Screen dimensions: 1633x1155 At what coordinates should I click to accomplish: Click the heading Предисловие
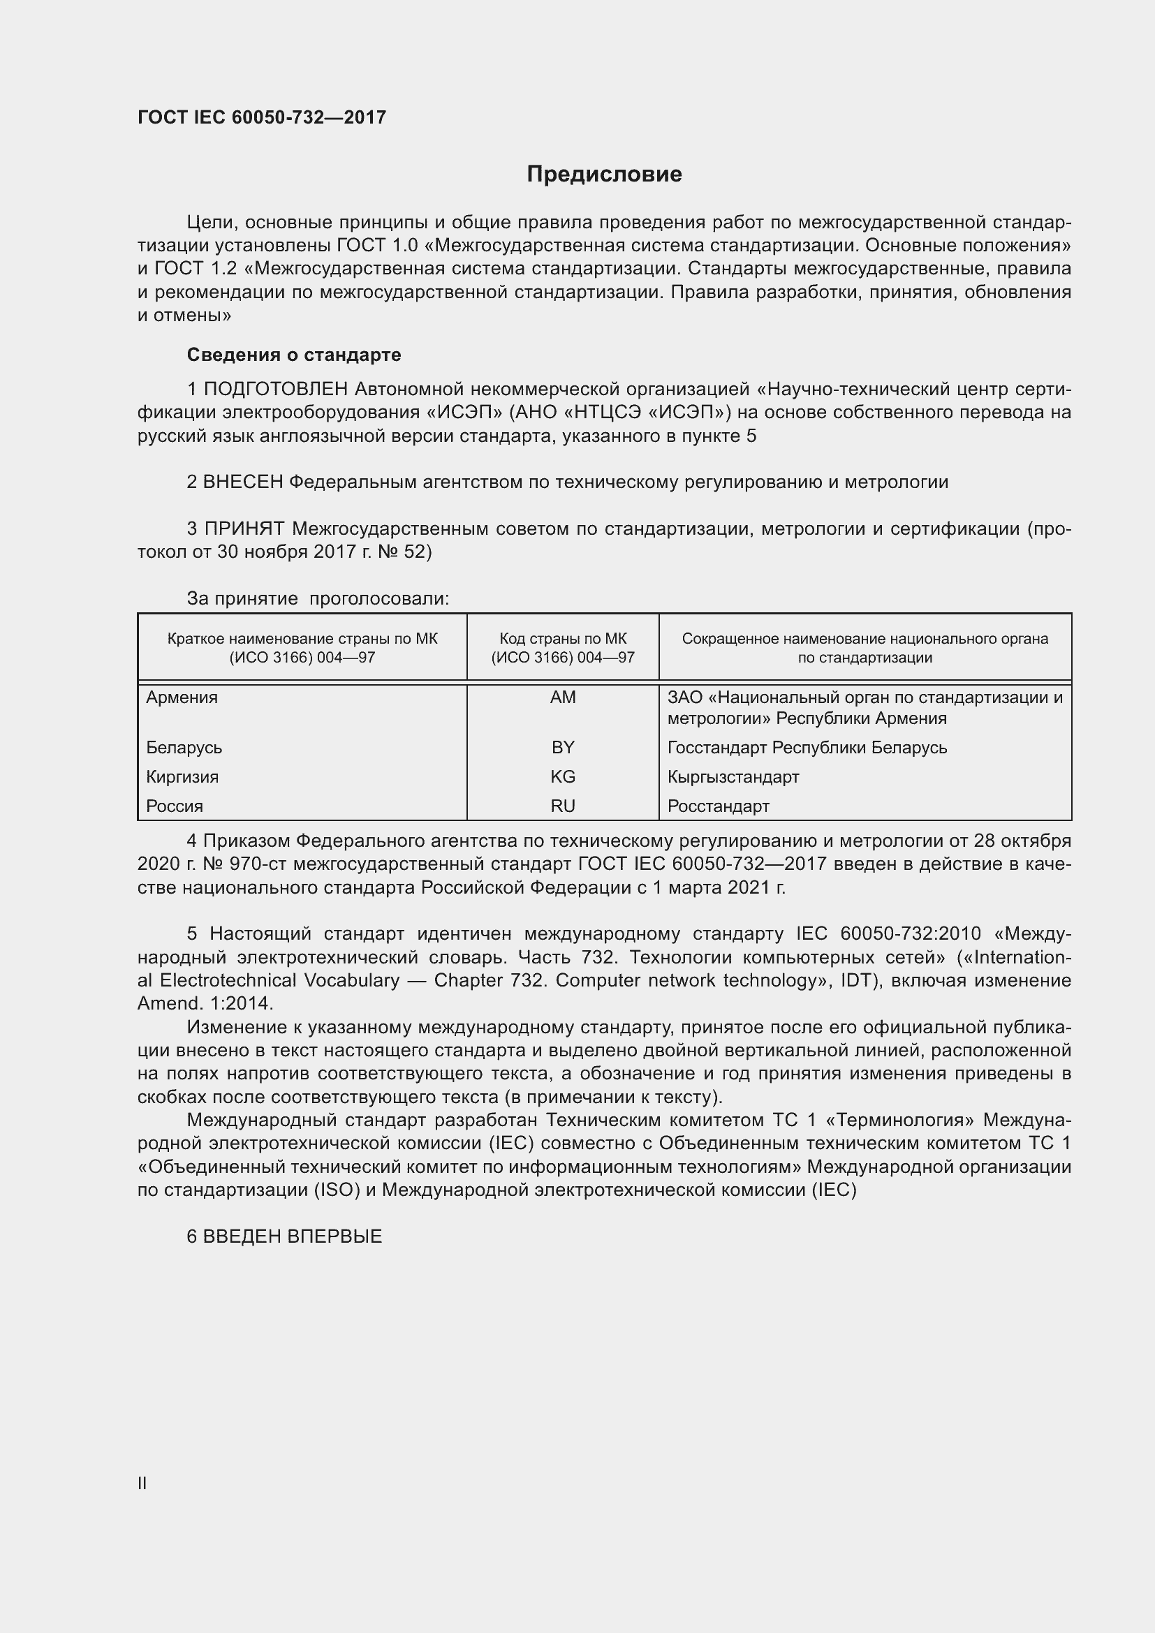(x=604, y=175)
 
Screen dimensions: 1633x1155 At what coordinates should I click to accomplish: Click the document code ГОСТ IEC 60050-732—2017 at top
(x=262, y=117)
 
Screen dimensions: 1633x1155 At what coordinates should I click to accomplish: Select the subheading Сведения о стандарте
(x=294, y=354)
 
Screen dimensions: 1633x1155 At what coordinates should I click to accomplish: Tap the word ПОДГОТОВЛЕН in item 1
(x=275, y=389)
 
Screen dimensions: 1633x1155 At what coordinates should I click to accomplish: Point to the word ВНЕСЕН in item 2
(x=242, y=482)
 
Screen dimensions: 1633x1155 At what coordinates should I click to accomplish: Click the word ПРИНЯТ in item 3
(x=244, y=529)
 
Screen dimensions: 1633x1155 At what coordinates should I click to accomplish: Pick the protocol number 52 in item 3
(x=414, y=552)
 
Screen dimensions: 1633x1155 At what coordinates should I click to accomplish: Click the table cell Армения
(x=182, y=697)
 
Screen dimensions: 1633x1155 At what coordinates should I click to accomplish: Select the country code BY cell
(x=563, y=748)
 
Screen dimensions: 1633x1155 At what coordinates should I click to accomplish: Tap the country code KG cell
(x=563, y=776)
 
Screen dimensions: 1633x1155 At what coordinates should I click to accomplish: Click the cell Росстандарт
(x=719, y=806)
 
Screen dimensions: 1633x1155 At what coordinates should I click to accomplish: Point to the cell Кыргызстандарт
(x=733, y=776)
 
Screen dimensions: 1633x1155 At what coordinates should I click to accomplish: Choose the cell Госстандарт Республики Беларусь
(x=807, y=748)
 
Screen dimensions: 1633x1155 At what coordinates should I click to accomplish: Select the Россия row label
(x=175, y=806)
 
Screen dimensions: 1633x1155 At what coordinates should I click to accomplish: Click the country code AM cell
(x=563, y=697)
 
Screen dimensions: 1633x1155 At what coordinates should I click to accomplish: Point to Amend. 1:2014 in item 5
(x=205, y=1003)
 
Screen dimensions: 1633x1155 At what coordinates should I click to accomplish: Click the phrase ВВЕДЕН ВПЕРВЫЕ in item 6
(x=293, y=1236)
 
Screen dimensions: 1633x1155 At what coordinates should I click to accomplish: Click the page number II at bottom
(x=142, y=1483)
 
